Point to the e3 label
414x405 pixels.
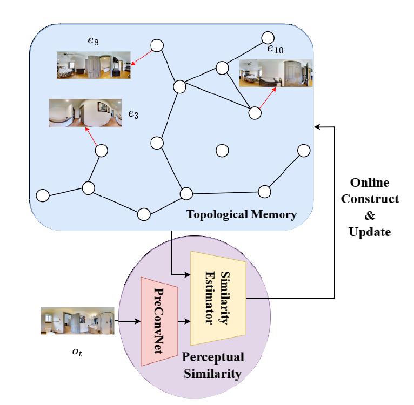click(133, 114)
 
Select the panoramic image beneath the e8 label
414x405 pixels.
click(94, 65)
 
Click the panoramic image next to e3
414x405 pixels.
click(85, 112)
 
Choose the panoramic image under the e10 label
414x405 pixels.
click(276, 73)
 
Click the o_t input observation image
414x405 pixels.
click(77, 321)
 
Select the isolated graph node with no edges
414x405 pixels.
click(222, 151)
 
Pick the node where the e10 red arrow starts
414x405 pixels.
click(255, 113)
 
